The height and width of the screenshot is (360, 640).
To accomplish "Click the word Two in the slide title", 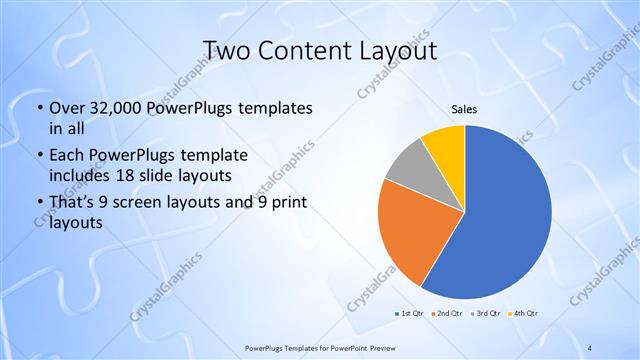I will click(227, 50).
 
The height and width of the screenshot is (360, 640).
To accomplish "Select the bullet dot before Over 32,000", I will click(37, 108).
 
